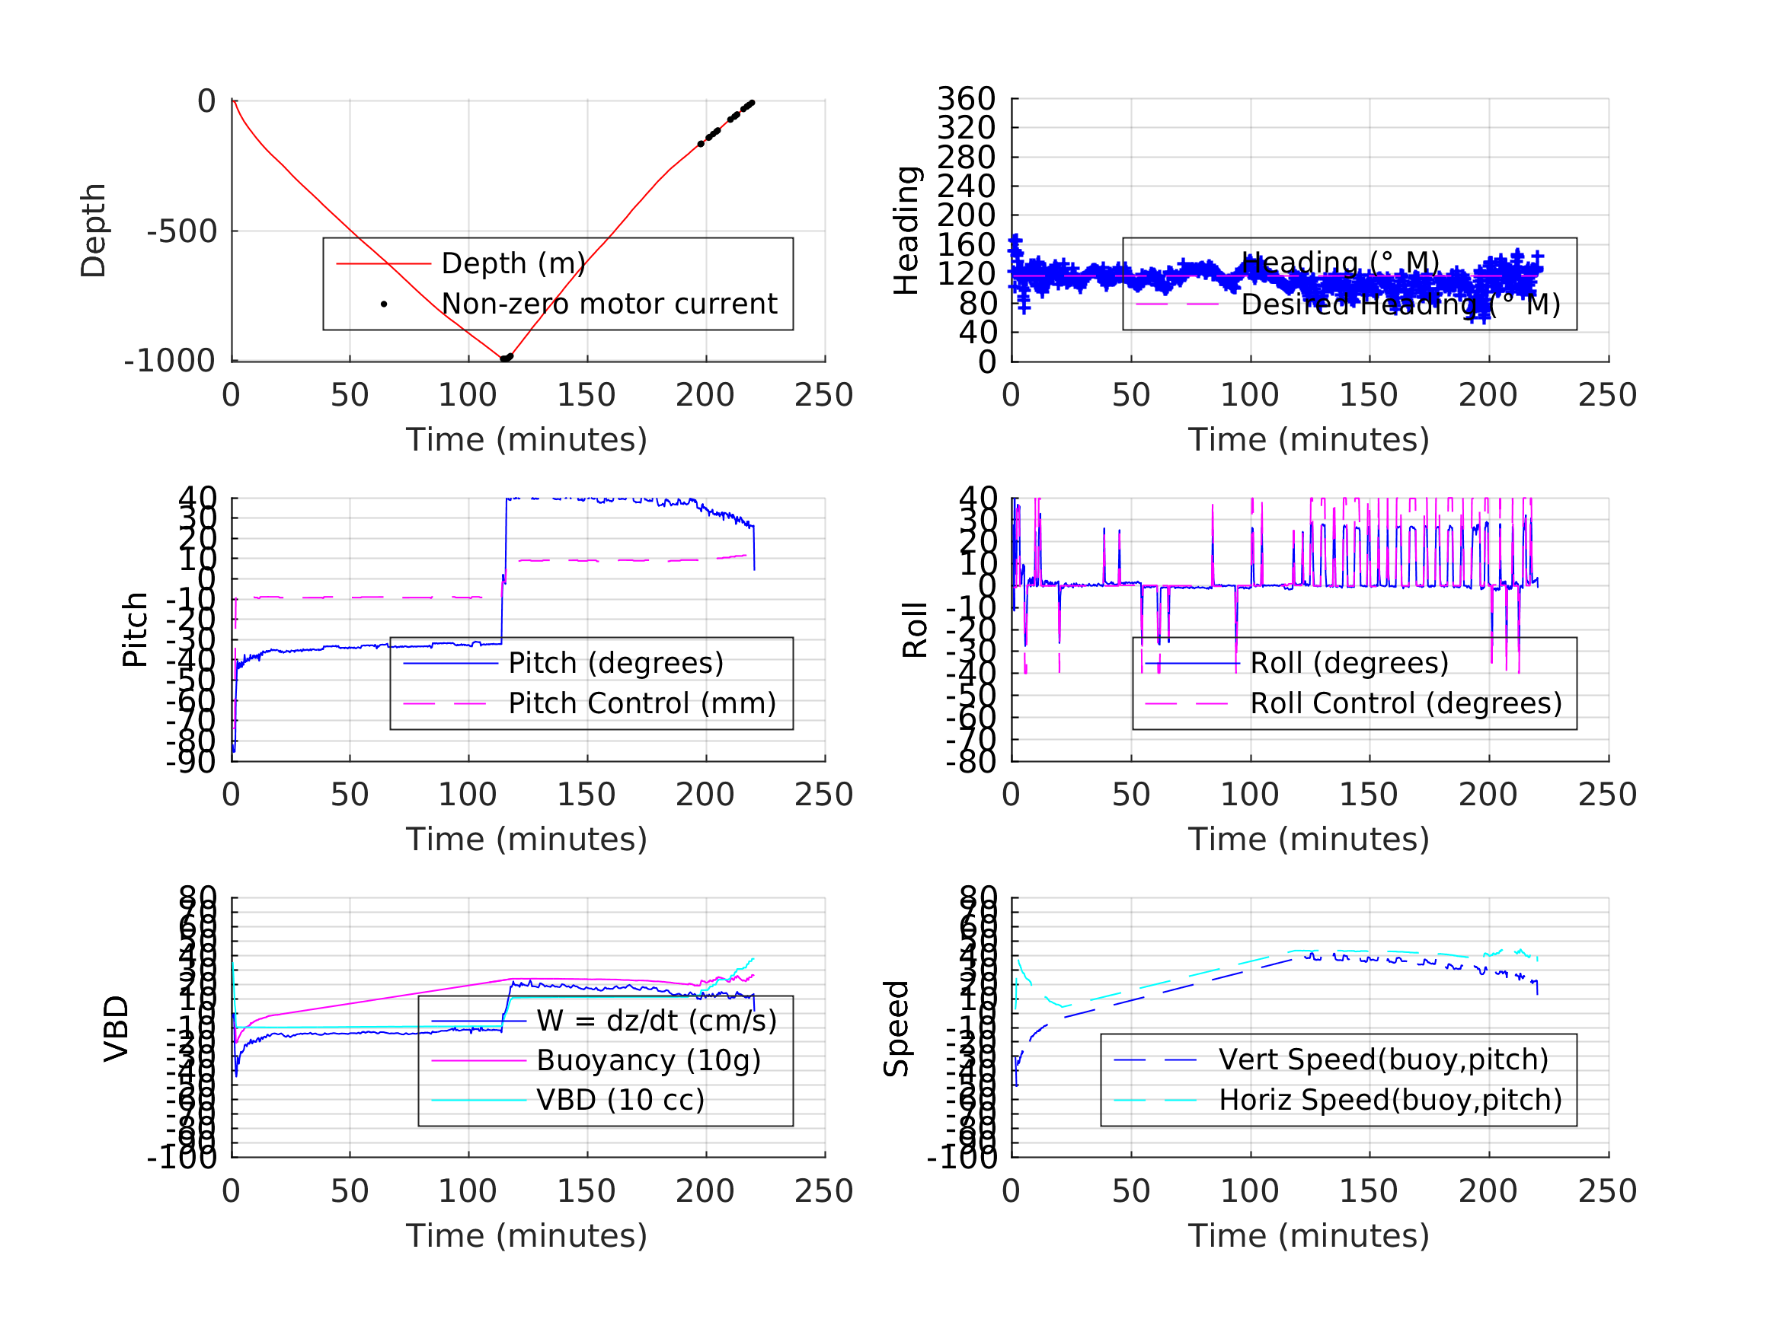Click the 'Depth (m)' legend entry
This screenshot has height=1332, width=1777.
[513, 263]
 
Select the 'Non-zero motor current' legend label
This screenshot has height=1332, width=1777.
[609, 304]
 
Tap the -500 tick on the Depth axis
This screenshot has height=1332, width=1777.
[181, 231]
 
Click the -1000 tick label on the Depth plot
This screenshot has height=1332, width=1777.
[170, 362]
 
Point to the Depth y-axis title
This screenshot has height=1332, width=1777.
[94, 231]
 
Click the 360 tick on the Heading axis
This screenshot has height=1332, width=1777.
[966, 99]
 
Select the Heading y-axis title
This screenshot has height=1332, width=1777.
[906, 231]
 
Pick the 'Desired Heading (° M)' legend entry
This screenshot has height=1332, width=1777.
[1400, 304]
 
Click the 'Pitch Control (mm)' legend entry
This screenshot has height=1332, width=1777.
[642, 703]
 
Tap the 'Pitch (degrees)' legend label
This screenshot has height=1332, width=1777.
[615, 663]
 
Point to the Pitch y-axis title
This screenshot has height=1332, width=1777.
[135, 629]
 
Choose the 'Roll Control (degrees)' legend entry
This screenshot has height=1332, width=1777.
[1406, 703]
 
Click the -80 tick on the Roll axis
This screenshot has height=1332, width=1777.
[970, 761]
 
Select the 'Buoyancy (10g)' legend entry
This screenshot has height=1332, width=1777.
[648, 1060]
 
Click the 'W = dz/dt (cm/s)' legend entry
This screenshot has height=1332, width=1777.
[657, 1021]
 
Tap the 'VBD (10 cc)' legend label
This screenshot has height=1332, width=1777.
[620, 1099]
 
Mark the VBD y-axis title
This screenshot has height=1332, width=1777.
[117, 1028]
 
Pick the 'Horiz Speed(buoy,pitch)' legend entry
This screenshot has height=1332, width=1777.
[1390, 1099]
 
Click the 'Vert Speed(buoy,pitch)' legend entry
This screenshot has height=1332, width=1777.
[1383, 1060]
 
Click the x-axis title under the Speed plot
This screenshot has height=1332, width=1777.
[1309, 1235]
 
